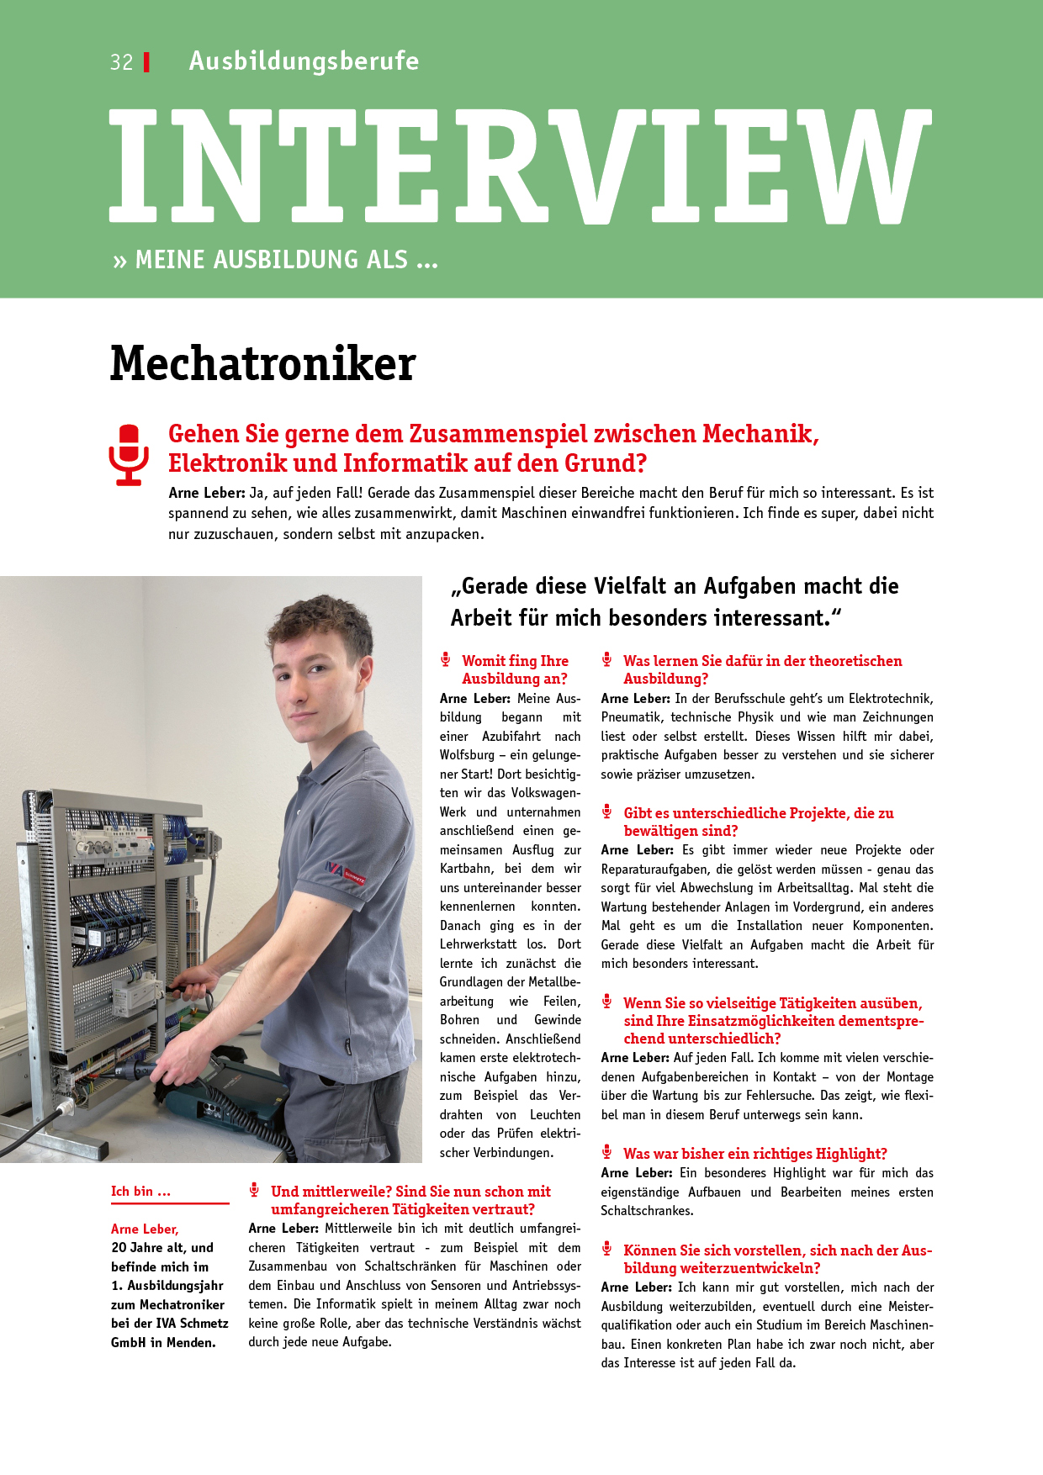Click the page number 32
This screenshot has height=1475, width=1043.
click(x=121, y=62)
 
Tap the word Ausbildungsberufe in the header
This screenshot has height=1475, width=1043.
click(x=304, y=61)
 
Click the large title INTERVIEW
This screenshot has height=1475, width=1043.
click(x=520, y=167)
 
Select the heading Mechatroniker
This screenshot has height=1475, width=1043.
click(x=263, y=363)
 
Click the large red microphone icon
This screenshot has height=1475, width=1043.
click(x=129, y=455)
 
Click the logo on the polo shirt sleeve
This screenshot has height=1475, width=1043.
click(x=346, y=872)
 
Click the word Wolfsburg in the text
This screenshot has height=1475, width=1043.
click(x=467, y=755)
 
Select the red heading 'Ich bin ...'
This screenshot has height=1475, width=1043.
click(x=140, y=1191)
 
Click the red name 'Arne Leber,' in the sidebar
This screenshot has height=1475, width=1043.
click(x=145, y=1229)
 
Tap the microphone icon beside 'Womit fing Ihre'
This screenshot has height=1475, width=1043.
click(x=446, y=660)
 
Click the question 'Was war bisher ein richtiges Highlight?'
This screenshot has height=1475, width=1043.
click(x=754, y=1154)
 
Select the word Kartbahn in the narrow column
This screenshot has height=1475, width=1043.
click(x=465, y=869)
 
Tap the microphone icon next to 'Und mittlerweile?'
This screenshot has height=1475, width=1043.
click(x=254, y=1190)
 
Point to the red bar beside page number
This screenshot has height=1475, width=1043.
click(x=147, y=62)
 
